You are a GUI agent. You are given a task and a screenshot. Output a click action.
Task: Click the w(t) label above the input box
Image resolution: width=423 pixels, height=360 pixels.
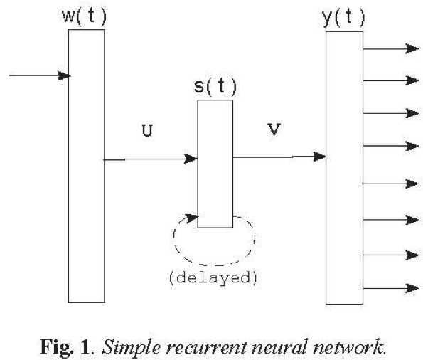[84, 16]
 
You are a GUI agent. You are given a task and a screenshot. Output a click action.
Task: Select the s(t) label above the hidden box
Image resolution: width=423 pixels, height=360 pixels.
[215, 86]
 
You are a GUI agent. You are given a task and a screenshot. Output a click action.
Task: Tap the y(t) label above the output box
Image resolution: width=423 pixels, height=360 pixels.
[343, 18]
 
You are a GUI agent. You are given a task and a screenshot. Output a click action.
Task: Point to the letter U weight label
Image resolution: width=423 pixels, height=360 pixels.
[147, 130]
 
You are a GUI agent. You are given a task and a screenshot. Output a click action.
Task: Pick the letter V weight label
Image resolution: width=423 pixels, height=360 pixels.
[274, 129]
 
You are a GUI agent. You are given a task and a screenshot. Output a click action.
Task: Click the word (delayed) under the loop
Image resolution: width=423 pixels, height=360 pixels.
[213, 277]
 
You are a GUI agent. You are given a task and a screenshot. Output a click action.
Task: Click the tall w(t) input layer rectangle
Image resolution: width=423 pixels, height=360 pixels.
[87, 166]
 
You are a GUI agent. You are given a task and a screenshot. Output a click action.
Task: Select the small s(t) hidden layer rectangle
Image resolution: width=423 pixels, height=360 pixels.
[215, 164]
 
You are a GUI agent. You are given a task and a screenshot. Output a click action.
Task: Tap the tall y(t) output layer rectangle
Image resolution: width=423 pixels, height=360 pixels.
[344, 168]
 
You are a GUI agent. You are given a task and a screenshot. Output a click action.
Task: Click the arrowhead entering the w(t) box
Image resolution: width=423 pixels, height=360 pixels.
[64, 75]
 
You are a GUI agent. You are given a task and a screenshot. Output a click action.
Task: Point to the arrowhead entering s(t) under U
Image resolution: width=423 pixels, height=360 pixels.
[191, 159]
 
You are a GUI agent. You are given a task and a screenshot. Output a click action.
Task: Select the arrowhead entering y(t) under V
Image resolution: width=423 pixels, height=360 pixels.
[319, 157]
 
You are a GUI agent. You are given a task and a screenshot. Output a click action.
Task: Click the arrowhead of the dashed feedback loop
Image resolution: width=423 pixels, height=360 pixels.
[193, 218]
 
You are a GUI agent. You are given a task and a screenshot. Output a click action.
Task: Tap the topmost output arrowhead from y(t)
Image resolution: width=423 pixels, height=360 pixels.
[412, 49]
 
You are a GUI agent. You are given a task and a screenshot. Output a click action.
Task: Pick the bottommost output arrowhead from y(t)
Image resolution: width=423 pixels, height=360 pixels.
[412, 288]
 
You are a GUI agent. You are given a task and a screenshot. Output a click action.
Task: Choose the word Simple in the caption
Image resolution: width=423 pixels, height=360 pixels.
[132, 348]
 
